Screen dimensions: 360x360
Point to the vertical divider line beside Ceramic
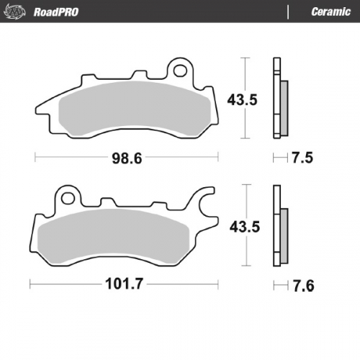[x=288, y=12]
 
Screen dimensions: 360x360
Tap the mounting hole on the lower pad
[x=68, y=196]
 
